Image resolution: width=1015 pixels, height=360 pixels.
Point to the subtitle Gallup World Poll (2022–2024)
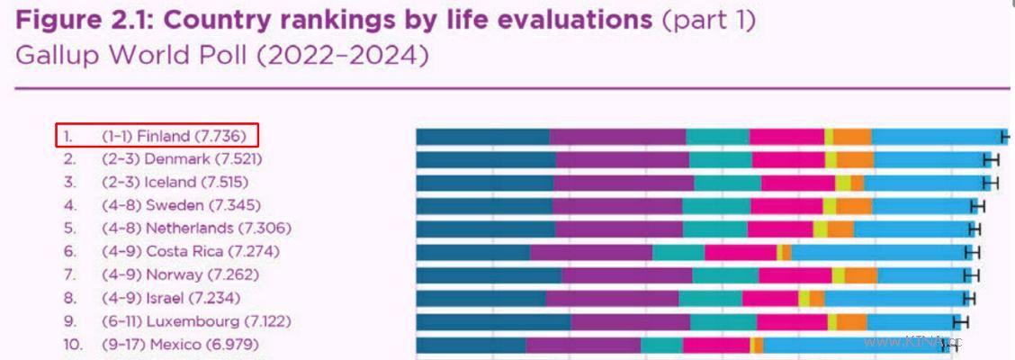point(222,56)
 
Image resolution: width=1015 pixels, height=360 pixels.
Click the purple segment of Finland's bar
point(618,137)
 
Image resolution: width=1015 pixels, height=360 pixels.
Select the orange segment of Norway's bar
point(860,275)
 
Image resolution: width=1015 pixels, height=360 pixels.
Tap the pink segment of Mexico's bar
point(716,345)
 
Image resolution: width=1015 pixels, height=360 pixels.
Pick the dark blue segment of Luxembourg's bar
point(493,321)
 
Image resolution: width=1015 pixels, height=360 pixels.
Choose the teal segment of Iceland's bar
point(727,183)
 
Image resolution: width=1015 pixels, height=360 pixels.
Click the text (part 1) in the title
point(708,21)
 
